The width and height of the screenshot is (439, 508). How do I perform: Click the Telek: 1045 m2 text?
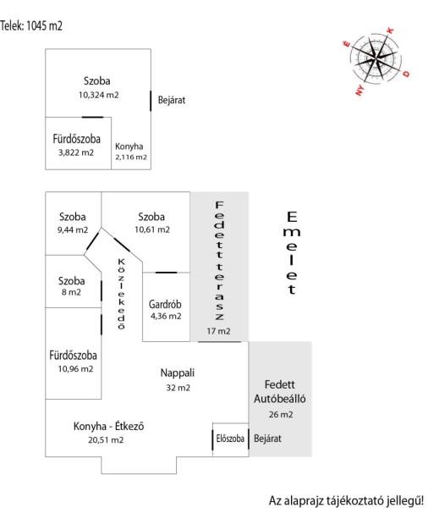pos(31,25)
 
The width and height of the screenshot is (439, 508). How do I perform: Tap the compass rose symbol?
pos(376,58)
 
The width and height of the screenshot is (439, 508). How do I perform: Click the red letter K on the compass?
pos(391,30)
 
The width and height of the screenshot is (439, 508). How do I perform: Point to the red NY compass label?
pos(359,90)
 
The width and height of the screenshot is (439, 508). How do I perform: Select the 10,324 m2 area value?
pos(98,95)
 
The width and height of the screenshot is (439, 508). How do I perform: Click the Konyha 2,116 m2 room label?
pos(131,152)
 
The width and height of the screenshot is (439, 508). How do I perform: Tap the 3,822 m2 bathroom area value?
pos(76,152)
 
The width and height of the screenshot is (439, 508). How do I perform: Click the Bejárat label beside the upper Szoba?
pos(172,100)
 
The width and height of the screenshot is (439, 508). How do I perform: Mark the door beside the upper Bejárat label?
pos(151,101)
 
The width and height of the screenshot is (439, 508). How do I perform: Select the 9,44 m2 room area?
pos(73,230)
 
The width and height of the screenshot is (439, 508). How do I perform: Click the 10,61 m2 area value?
pos(152,229)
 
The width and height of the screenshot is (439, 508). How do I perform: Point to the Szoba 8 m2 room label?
pos(72,286)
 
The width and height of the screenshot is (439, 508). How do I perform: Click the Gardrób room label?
pos(165,305)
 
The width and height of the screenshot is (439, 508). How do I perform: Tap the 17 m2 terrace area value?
pos(218,331)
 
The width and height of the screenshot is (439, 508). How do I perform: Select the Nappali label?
pos(178,373)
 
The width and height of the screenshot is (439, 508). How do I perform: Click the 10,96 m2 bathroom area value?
pos(75,369)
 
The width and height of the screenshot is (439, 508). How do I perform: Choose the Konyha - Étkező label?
pos(109,426)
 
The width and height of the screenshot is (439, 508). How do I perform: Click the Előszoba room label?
pos(230,439)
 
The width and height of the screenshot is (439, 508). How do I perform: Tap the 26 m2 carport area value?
pos(281,415)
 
